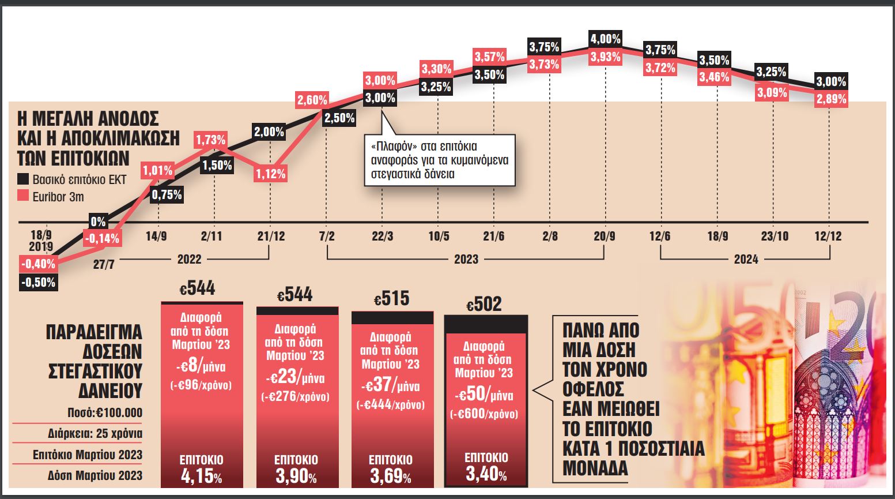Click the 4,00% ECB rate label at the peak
coord(606,39)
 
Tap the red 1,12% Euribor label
coord(270,174)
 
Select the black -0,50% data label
coord(38,283)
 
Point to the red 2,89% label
coord(831,99)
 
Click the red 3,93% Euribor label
coord(606,57)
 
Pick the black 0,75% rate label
coord(167,195)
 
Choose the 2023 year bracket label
coord(466,259)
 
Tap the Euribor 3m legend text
coord(58,197)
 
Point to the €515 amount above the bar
coord(392,298)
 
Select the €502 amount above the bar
coord(484,304)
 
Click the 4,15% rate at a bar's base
coord(201,477)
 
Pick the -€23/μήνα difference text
coord(295,378)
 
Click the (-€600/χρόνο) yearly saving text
coord(484,414)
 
